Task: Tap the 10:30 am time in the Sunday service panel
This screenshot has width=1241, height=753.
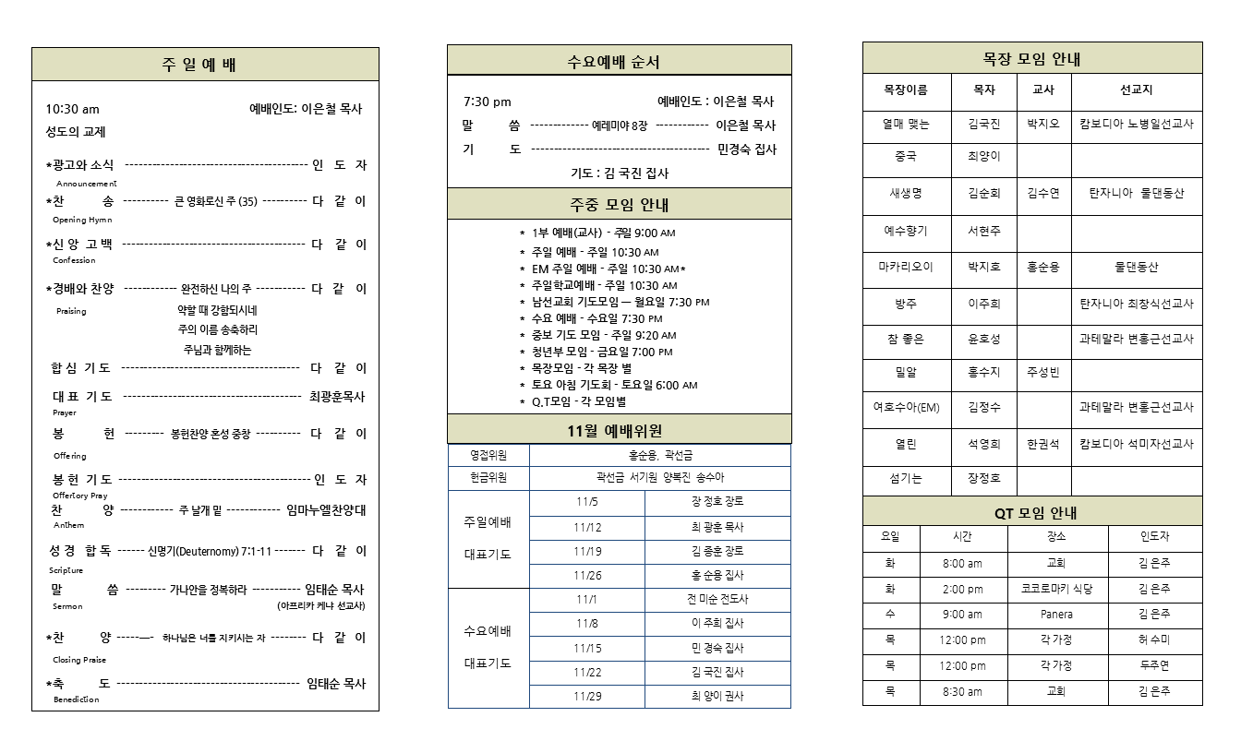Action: point(72,109)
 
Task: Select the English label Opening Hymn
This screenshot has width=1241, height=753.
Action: point(82,220)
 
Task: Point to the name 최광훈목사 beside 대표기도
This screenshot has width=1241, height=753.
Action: point(337,397)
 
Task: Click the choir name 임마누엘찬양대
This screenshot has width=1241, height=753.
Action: point(326,509)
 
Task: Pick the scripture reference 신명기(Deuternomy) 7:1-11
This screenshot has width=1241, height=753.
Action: point(210,551)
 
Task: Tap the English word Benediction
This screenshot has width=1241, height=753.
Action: point(77,699)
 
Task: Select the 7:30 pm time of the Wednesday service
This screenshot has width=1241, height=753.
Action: point(487,102)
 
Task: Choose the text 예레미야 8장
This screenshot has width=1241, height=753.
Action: point(620,125)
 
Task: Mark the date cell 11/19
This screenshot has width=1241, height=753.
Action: point(587,551)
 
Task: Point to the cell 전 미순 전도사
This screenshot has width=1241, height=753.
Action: point(717,599)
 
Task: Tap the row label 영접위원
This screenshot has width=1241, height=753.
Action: point(488,455)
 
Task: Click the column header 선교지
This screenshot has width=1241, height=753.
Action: point(1136,90)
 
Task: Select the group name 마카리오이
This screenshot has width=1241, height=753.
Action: point(905,267)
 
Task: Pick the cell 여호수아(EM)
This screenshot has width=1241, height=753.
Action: point(906,407)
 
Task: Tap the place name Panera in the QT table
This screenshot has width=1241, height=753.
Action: point(1056,615)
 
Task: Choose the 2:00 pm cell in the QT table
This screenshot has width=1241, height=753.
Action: point(962,589)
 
